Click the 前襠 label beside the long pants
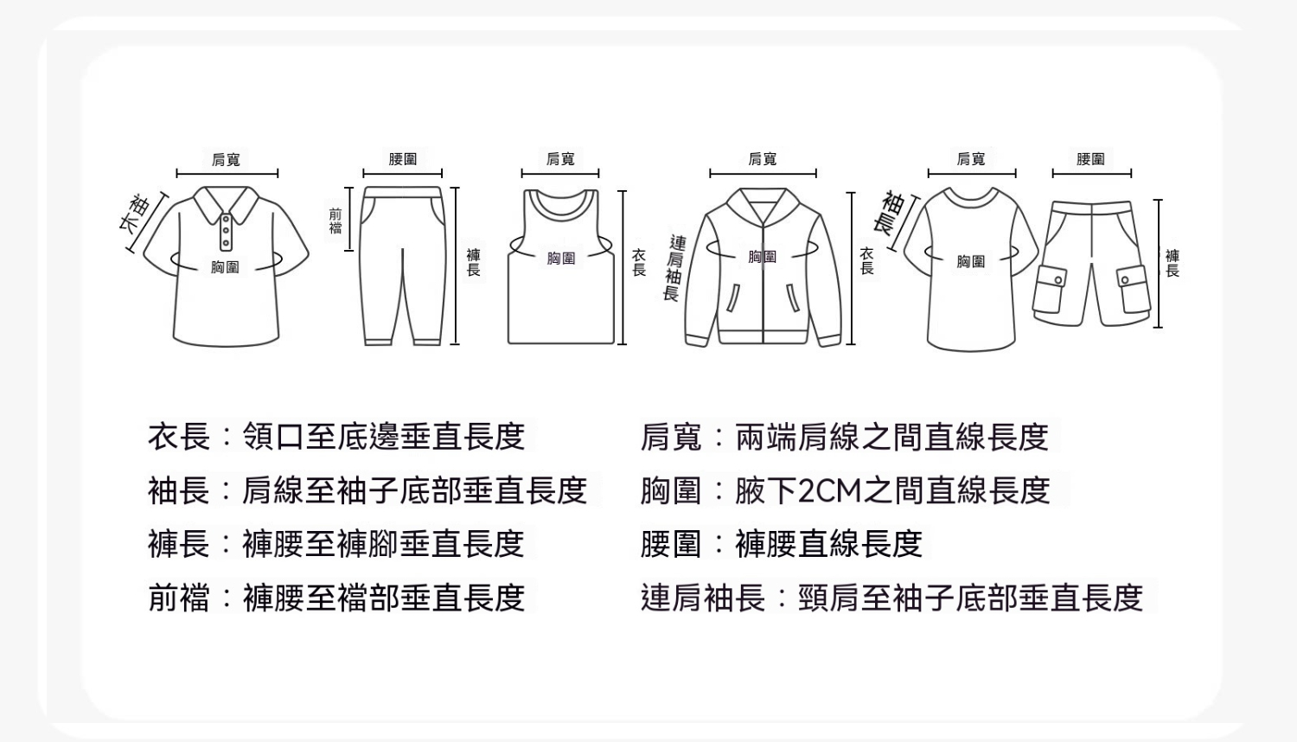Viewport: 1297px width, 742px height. click(x=335, y=221)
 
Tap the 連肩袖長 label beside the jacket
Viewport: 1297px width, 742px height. click(x=674, y=268)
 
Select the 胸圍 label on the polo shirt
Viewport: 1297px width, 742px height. click(x=225, y=267)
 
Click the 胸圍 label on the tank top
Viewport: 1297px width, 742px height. click(x=561, y=259)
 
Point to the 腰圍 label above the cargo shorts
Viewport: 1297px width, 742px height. click(x=1090, y=159)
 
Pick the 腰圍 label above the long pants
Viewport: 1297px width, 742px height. click(x=402, y=159)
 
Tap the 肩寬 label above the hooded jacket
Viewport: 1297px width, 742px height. click(x=762, y=159)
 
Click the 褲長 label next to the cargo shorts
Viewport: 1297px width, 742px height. click(x=1172, y=264)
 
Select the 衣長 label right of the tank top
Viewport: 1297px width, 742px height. click(x=639, y=262)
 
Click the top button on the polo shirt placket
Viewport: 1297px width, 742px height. click(x=226, y=220)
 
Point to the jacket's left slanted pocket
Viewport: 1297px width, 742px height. click(x=732, y=298)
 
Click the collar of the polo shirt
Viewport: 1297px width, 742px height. click(x=226, y=202)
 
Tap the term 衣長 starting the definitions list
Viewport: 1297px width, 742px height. click(x=178, y=437)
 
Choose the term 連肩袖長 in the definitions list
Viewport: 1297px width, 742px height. click(x=703, y=598)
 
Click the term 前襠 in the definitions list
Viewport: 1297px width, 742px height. click(x=178, y=598)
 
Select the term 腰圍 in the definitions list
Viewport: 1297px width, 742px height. click(x=671, y=544)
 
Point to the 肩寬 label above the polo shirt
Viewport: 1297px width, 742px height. click(x=226, y=159)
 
